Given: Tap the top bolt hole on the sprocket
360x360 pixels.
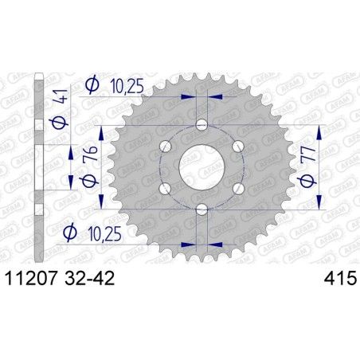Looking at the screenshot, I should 202,125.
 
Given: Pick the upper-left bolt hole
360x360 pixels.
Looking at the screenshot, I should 166,146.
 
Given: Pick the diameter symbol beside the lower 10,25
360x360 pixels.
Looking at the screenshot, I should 70,233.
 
